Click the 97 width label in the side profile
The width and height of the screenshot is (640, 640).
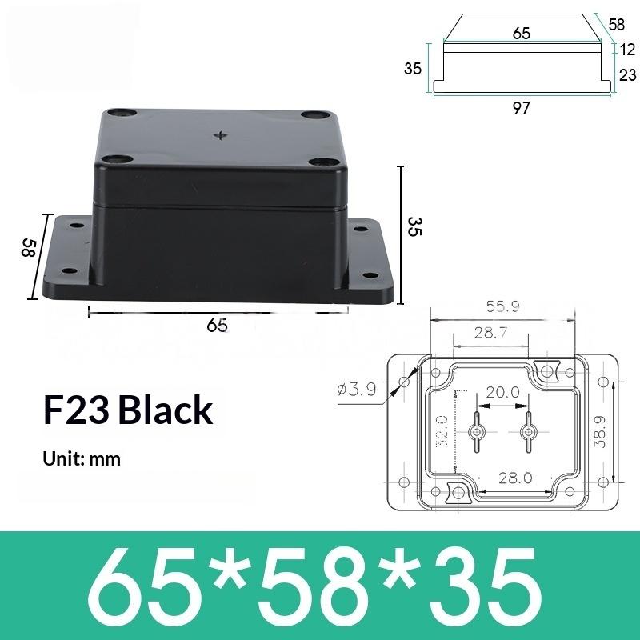[x=521, y=109]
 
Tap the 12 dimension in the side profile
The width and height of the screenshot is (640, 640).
[x=627, y=50]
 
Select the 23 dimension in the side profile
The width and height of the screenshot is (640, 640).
[x=627, y=75]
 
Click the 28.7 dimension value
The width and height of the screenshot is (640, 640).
[x=489, y=333]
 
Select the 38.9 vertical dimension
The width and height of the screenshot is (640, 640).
[x=600, y=430]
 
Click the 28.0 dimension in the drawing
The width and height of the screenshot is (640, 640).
[x=515, y=478]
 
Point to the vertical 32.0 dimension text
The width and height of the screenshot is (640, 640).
[x=442, y=432]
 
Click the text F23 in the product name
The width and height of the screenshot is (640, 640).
[x=76, y=410]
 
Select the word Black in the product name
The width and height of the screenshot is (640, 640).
[x=166, y=410]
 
